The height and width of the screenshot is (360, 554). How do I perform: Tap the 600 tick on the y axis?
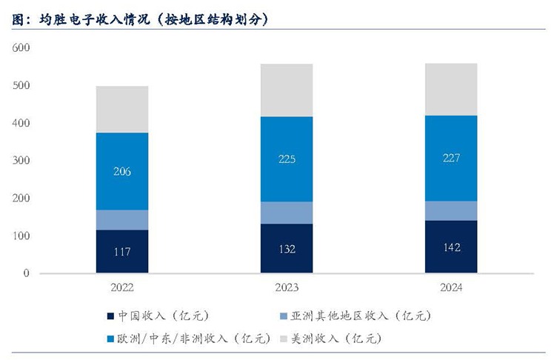(x=21, y=47)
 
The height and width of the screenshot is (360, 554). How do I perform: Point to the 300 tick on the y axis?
(x=21, y=161)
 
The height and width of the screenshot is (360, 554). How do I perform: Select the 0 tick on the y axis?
(x=26, y=273)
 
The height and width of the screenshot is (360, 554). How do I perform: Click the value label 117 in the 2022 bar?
(x=122, y=252)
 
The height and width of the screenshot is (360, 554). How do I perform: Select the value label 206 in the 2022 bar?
(x=122, y=171)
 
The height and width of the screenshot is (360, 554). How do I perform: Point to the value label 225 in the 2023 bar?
(x=286, y=159)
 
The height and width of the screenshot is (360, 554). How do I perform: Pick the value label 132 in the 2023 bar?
(x=286, y=249)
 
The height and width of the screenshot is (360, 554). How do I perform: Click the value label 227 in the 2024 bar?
(x=450, y=158)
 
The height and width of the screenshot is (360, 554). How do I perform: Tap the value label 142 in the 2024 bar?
(x=450, y=247)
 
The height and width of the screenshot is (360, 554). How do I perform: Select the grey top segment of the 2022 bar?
(x=122, y=109)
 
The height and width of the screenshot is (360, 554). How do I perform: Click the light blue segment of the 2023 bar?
(x=286, y=213)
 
